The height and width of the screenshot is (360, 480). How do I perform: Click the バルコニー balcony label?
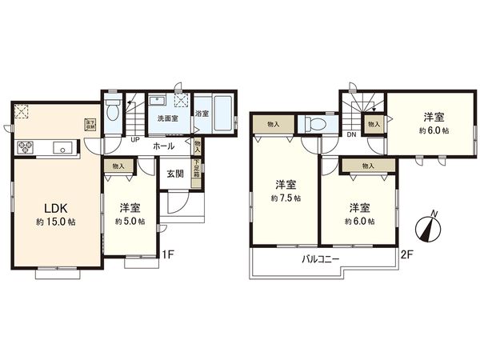click(320, 260)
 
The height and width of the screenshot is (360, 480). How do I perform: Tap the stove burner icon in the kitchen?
click(24, 147)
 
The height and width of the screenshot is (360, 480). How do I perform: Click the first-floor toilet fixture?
click(114, 110)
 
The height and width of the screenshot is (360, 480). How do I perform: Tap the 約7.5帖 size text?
click(285, 198)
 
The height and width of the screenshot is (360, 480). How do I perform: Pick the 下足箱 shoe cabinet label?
click(197, 174)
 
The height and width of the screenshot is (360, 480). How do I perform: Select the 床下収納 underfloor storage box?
click(89, 125)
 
